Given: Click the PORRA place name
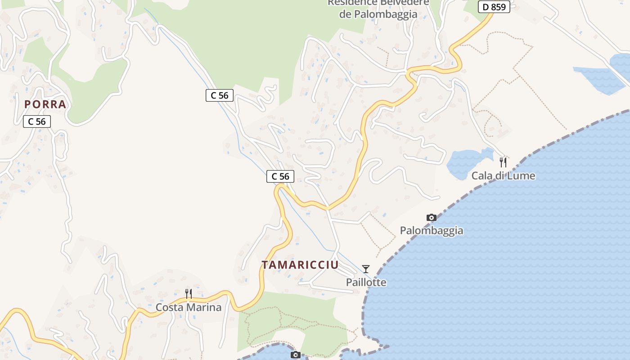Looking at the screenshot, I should point(45,104).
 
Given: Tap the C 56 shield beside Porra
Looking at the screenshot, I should point(37,121).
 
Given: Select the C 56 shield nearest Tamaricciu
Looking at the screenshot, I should point(280,176).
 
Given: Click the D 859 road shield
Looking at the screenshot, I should point(494,7).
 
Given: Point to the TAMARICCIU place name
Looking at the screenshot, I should point(300,265).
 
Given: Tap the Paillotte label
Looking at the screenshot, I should point(366,282).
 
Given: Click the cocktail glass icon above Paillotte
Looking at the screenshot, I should point(366,269).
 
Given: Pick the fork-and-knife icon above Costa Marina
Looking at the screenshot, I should point(189,294).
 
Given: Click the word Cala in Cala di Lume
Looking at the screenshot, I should point(481,175).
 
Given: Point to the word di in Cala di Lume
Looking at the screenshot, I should point(499,175).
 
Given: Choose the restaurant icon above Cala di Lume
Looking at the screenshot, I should point(503,162).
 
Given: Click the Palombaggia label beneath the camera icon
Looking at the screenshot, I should point(431,230).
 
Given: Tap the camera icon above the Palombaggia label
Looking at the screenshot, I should point(431,218).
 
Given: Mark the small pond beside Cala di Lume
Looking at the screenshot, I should point(466,163).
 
